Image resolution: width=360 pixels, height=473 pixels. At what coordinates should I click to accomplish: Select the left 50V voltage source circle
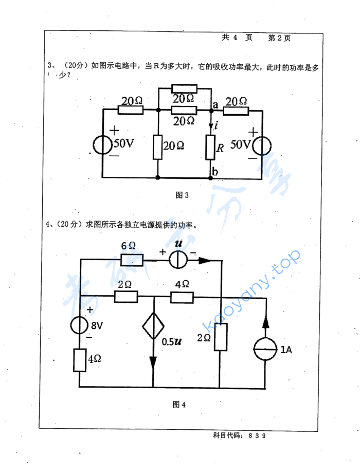click(x=103, y=144)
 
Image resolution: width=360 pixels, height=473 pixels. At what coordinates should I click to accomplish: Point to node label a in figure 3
click(x=215, y=104)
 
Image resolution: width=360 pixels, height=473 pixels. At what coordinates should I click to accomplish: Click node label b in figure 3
click(x=215, y=172)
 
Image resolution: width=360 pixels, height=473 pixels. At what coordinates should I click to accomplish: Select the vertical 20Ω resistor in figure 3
click(x=157, y=147)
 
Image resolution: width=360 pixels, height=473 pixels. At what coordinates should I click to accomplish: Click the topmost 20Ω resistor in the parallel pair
click(x=184, y=88)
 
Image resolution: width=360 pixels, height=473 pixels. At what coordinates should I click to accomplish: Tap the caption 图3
click(x=183, y=195)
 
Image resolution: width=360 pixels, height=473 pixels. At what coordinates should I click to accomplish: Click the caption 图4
click(x=179, y=404)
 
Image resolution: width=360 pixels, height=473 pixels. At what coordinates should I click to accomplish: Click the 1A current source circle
click(x=265, y=351)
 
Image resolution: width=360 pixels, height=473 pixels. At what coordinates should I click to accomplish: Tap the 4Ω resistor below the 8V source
click(x=80, y=360)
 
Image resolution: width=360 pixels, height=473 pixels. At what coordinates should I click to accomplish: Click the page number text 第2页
click(x=279, y=38)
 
